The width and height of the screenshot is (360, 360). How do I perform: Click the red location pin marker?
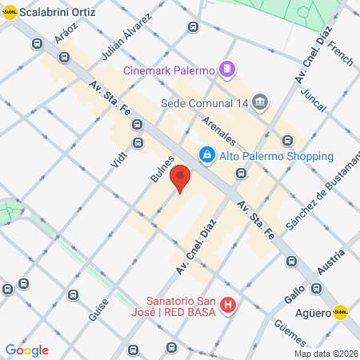pyautogui.click(x=180, y=178)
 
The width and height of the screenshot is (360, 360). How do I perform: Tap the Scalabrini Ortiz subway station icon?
pyautogui.click(x=9, y=14)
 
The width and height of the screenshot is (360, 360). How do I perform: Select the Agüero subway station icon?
pyautogui.click(x=341, y=313)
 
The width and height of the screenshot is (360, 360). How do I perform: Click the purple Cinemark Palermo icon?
pyautogui.click(x=228, y=69)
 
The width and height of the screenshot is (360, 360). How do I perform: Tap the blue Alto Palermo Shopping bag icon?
pyautogui.click(x=206, y=154)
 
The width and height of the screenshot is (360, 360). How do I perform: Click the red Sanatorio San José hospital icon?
pyautogui.click(x=228, y=305)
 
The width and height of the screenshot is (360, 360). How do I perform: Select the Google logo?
pyautogui.click(x=26, y=350)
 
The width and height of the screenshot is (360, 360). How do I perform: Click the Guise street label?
pyautogui.click(x=98, y=305)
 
